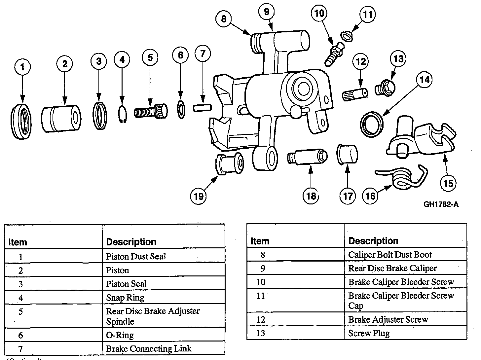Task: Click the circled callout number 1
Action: point(22,68)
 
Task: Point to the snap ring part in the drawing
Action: point(123,115)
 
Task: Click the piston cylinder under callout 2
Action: point(61,118)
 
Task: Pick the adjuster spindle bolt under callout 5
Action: point(151,111)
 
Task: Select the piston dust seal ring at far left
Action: point(21,121)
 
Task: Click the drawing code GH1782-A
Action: point(441,204)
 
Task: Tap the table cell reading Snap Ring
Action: point(125,298)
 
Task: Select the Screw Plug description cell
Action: point(369,333)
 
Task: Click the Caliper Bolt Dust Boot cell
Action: point(390,255)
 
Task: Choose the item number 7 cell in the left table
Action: point(20,349)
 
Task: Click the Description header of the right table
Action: point(373,241)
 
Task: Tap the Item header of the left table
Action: point(18,242)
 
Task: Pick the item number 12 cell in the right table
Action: point(261,319)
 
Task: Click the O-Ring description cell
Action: point(120,335)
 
